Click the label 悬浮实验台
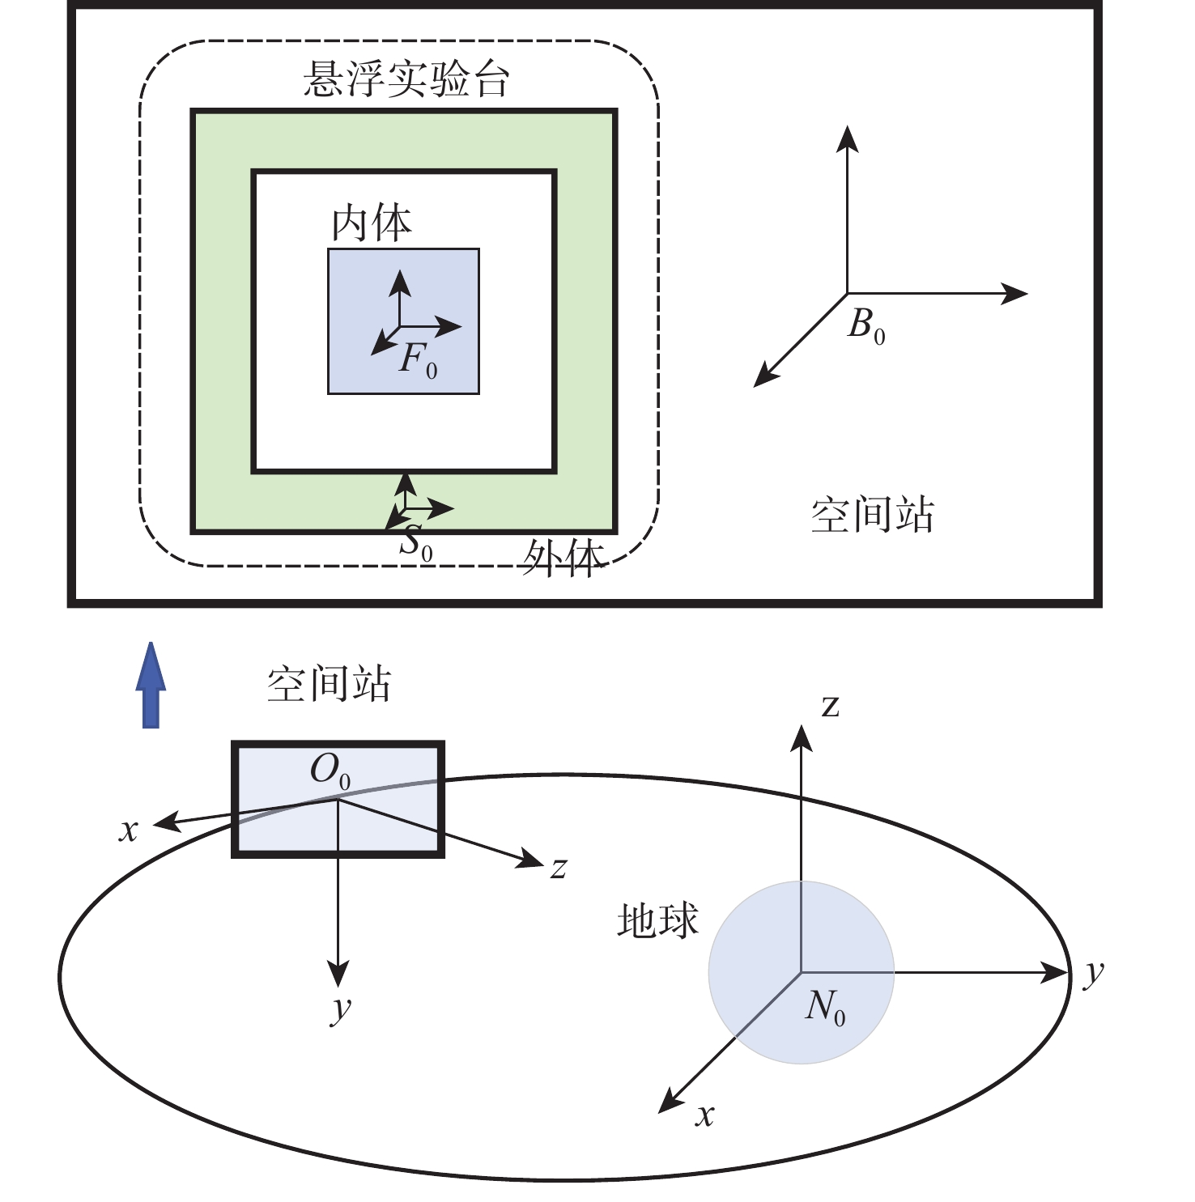(x=406, y=79)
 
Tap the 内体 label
(x=372, y=223)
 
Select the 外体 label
(x=563, y=558)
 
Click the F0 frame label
(x=418, y=359)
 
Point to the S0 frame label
(x=416, y=542)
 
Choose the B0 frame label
(x=866, y=326)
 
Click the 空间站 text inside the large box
(x=873, y=516)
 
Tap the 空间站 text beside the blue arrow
(x=329, y=684)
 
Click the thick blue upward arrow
(x=151, y=685)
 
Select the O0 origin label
(x=330, y=771)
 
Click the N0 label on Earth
(x=826, y=1007)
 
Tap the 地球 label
(x=657, y=921)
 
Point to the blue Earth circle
(x=802, y=972)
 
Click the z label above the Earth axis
(x=831, y=706)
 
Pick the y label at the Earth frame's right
(x=1094, y=974)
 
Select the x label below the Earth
(x=705, y=1115)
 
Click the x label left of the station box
(x=129, y=831)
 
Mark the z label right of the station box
(x=559, y=869)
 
